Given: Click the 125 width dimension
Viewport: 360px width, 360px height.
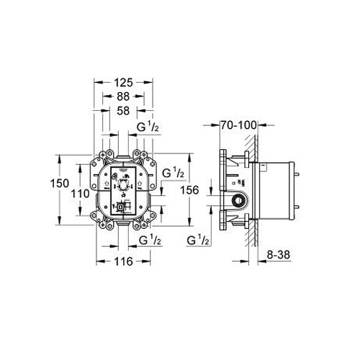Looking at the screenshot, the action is pos(123,83).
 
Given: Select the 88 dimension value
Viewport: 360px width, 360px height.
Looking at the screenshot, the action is pos(123,96).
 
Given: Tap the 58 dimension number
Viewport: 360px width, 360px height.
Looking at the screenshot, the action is pos(123,111).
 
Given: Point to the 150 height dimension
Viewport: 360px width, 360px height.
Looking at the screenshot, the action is pos(60,184).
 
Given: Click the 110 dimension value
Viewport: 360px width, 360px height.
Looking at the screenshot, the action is pos(80,194).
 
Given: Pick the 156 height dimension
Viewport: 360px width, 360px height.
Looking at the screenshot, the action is pos(189,190).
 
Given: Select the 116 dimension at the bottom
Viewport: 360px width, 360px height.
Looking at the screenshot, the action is pos(123,261).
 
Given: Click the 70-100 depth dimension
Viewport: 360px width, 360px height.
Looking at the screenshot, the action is pos(238,125).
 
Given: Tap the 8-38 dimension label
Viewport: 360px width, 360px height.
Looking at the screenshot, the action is pos(279,255).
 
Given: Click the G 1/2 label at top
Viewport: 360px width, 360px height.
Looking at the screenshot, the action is pos(148,127).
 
